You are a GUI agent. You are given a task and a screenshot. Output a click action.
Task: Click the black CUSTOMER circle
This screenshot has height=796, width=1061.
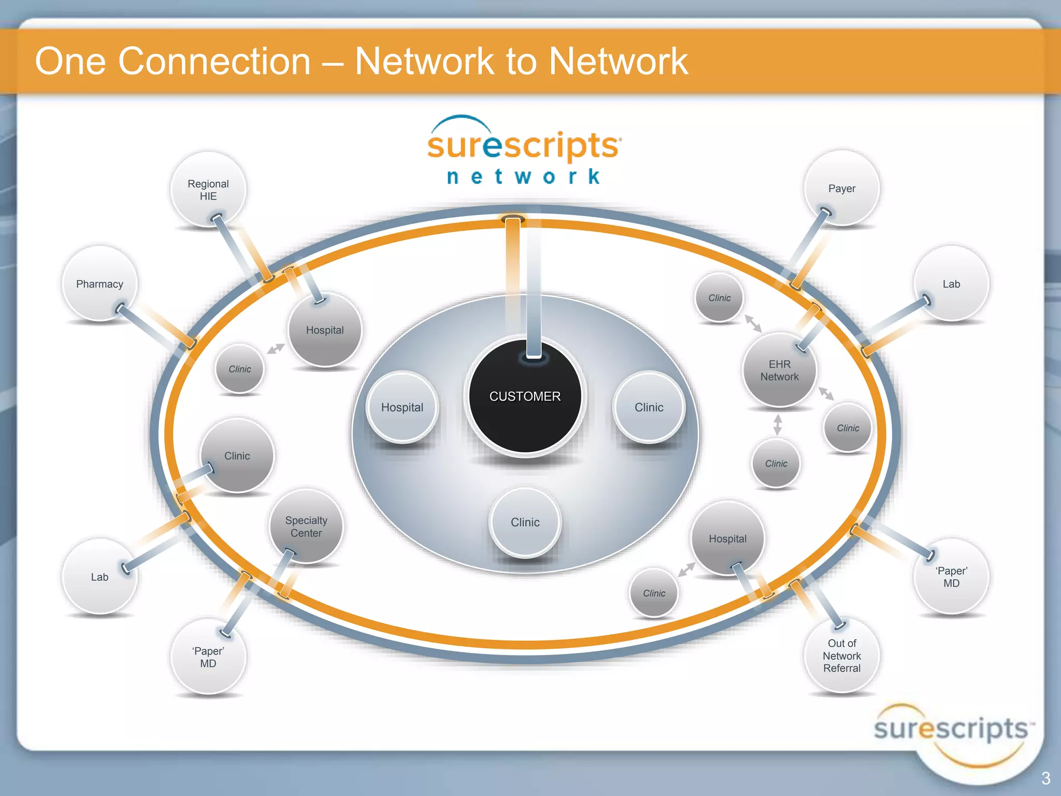pos(525,397)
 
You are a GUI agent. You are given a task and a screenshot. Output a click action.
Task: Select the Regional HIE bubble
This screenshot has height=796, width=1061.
pos(208,190)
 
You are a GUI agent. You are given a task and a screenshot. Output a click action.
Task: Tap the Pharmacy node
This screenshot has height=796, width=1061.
pos(99,284)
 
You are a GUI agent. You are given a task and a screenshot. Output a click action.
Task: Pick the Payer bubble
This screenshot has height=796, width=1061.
pos(841,189)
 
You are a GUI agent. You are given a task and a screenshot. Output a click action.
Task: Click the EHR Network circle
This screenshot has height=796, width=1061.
pos(779,370)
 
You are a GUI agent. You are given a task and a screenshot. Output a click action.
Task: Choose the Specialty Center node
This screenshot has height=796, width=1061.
pos(306,527)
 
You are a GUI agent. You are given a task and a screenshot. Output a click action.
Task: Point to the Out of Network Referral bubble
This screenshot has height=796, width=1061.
pos(841,656)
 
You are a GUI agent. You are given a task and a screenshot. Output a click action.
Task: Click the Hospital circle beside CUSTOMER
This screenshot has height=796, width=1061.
pos(402,407)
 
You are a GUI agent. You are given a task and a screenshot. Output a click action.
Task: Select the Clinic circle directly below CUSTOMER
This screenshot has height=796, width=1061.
pos(525,522)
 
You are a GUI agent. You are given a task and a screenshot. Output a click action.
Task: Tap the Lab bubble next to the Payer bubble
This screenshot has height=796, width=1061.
pos(951,284)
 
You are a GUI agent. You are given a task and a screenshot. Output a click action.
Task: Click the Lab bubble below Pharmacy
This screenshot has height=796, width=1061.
pos(99,577)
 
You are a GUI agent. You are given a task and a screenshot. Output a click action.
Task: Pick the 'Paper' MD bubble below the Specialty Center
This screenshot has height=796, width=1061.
pos(208,657)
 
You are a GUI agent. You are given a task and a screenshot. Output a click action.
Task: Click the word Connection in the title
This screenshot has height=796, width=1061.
pos(214,61)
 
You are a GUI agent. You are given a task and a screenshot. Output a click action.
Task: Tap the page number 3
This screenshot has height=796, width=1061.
pos(1045,778)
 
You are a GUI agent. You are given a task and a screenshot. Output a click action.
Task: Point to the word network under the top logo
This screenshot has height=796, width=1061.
pos(523,177)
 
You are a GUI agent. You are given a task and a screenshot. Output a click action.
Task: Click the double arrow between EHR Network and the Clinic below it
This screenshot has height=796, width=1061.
pos(777,424)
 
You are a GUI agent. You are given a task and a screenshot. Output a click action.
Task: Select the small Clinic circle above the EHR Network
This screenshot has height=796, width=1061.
pos(719,298)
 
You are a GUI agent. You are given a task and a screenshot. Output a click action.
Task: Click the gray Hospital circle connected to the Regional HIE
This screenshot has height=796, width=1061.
pos(325,330)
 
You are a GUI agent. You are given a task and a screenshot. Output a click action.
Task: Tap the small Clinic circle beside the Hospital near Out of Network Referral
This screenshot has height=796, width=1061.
pos(654,593)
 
